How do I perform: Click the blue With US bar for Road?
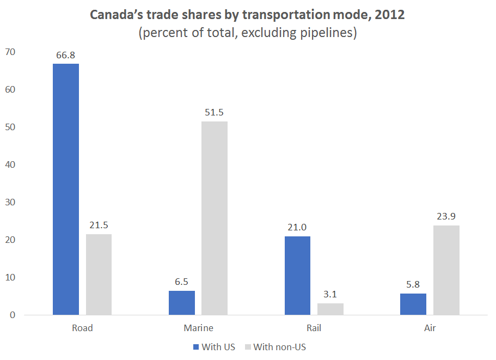(x=66, y=189)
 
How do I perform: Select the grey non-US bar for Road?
(x=99, y=274)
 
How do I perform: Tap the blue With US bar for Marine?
(x=182, y=303)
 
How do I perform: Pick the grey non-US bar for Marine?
(x=215, y=218)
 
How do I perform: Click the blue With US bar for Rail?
(x=297, y=276)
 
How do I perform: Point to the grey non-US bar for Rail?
(x=330, y=309)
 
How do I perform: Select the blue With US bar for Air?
(x=413, y=304)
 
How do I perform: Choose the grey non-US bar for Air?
(x=446, y=270)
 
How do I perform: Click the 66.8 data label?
(x=66, y=55)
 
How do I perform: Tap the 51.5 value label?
(x=215, y=113)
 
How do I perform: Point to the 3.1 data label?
(x=330, y=295)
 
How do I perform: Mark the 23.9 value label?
(x=446, y=217)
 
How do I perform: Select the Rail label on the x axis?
(x=314, y=328)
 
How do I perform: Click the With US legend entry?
(x=213, y=347)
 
